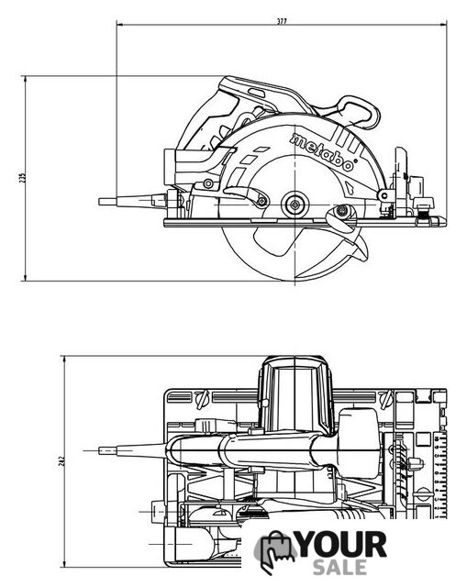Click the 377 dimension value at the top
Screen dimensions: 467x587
click(282, 21)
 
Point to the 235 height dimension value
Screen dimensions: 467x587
click(22, 177)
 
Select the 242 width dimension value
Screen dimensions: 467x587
click(62, 460)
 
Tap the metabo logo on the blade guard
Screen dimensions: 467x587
click(322, 152)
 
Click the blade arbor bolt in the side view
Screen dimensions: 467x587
click(295, 205)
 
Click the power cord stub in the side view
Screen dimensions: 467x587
click(132, 202)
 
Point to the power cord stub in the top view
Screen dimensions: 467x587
click(132, 450)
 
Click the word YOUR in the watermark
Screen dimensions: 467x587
click(342, 545)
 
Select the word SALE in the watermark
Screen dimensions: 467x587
click(339, 567)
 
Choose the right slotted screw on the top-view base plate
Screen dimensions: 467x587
click(387, 398)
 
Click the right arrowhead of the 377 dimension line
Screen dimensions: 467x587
click(443, 25)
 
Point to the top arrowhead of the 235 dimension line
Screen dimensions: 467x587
click(25, 80)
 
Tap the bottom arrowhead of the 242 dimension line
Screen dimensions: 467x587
click(65, 563)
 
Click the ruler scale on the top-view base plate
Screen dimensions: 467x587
click(440, 475)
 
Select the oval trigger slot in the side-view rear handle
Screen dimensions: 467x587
click(257, 94)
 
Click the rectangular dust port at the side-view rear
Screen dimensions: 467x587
click(170, 167)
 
